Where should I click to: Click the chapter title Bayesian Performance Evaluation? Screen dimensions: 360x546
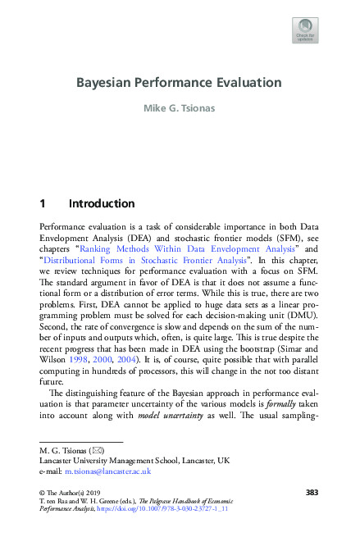(179, 83)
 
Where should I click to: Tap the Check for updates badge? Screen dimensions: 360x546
(305, 30)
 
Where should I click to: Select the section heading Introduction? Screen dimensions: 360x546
(102, 203)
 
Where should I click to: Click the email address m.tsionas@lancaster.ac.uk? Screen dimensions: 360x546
(106, 471)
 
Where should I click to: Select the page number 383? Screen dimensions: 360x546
(311, 492)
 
